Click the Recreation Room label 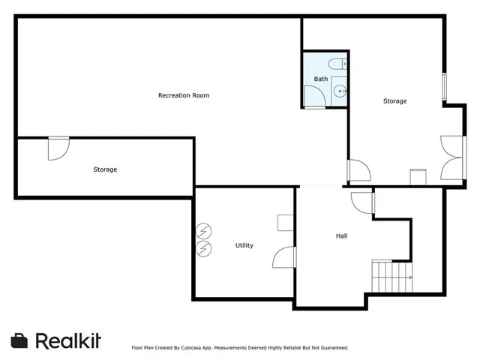tap(183, 95)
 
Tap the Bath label tap(320, 79)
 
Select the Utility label tap(244, 245)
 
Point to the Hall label tap(341, 236)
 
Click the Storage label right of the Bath tap(394, 101)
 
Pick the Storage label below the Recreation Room tap(105, 169)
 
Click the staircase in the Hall tap(391, 274)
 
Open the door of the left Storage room tap(58, 148)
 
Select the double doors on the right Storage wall tap(453, 157)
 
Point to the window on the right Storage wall tap(444, 86)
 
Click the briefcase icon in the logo tap(20, 340)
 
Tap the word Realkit tap(67, 340)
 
